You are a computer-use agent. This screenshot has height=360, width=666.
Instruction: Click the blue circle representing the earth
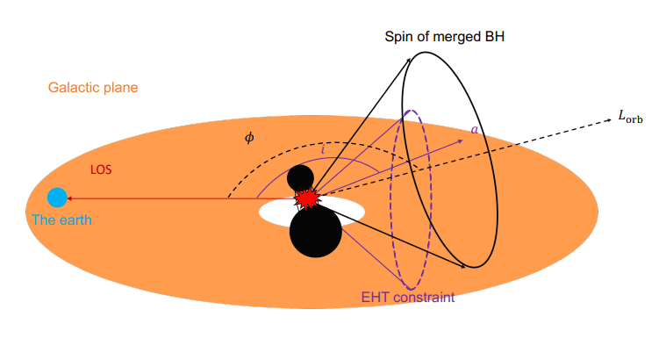pyautogui.click(x=58, y=198)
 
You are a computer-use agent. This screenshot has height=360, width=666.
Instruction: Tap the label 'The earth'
pyautogui.click(x=61, y=220)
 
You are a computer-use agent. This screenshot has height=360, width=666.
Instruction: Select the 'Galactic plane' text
pyautogui.click(x=93, y=88)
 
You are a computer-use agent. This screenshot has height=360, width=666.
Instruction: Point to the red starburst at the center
pyautogui.click(x=306, y=198)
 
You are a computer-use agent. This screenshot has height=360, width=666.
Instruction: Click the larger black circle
pyautogui.click(x=315, y=232)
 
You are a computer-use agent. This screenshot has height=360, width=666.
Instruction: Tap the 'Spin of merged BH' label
pyautogui.click(x=445, y=38)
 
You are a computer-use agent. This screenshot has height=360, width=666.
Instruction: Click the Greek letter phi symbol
pyautogui.click(x=249, y=138)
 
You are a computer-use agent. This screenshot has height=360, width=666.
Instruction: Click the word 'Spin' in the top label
pyautogui.click(x=399, y=38)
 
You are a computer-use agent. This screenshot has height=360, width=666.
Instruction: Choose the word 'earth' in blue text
pyautogui.click(x=74, y=220)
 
